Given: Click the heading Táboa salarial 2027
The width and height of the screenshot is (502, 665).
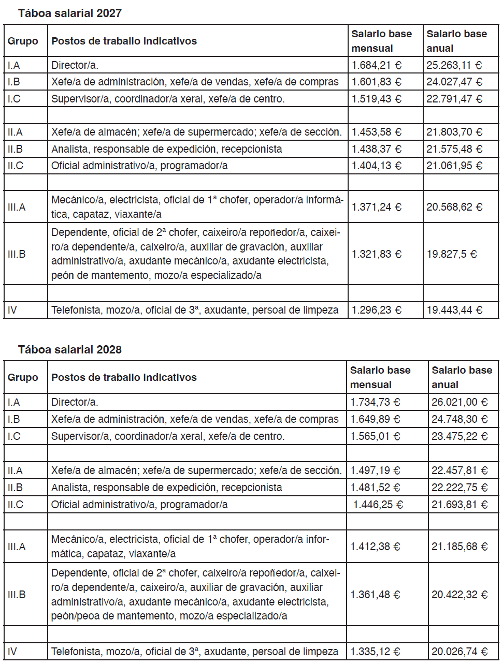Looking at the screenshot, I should click(69, 13).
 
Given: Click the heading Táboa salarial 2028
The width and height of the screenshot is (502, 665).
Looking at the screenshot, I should click(69, 350).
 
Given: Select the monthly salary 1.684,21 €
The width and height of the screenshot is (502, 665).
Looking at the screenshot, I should click(376, 65).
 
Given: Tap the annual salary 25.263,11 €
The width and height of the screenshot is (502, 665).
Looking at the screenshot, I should click(454, 65).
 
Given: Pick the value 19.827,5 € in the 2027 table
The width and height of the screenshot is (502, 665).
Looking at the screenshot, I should click(451, 254).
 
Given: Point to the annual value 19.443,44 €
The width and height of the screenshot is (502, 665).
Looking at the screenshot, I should click(454, 310).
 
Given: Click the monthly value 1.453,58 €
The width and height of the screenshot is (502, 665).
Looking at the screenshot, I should click(376, 132).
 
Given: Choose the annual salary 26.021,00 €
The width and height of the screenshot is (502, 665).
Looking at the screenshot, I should click(459, 402).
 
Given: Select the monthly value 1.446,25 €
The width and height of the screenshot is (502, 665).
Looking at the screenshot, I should click(378, 505).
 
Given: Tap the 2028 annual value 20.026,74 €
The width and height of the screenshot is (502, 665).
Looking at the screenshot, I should click(459, 652).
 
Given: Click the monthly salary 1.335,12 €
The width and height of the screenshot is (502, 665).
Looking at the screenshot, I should click(375, 652).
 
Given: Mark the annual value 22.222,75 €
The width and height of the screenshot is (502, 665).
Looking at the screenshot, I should click(459, 487).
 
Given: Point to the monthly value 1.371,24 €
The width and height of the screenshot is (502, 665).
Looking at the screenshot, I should click(376, 207).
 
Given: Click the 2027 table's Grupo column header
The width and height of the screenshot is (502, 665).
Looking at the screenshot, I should click(23, 41).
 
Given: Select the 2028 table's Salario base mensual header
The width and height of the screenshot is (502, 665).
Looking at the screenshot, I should click(380, 377).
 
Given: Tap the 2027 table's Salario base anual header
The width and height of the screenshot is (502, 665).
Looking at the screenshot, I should click(456, 41).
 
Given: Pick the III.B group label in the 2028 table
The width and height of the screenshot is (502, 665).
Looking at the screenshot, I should click(17, 595).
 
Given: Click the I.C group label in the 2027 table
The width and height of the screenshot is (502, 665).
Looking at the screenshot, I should click(14, 99).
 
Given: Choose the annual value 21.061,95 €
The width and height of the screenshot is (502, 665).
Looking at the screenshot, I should click(454, 166).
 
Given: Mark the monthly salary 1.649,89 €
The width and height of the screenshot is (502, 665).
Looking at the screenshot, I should click(375, 419).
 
